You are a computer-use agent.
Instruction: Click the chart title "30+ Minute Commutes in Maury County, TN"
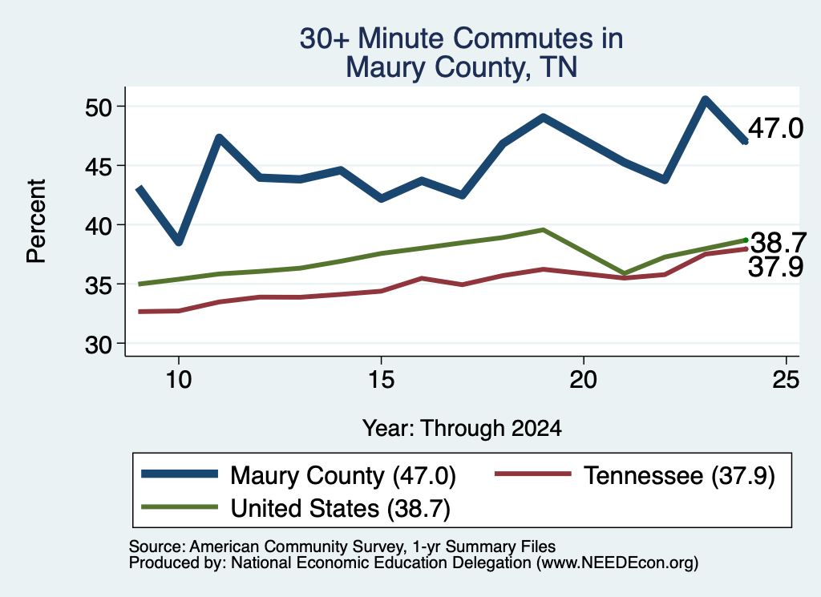coord(461,53)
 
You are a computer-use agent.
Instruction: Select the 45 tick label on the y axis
coord(99,167)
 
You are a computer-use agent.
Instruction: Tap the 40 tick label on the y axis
coord(99,226)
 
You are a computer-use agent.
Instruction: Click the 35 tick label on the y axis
coord(99,285)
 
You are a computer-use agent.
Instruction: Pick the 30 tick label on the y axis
coord(99,345)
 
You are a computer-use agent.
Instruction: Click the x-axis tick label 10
coord(179,379)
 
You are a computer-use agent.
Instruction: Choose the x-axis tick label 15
coord(381,379)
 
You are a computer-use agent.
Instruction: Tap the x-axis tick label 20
coord(584,379)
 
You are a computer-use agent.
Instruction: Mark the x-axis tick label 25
coord(786,379)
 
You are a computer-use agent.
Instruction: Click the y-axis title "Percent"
coord(37,221)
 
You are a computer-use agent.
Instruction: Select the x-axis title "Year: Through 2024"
coord(462,429)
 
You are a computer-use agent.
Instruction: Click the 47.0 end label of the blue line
coord(775,128)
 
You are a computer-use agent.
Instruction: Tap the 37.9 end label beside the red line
coord(775,266)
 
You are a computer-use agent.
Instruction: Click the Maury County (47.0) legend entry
coord(298,475)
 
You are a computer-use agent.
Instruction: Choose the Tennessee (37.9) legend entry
coord(635,475)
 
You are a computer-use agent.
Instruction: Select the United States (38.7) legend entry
coord(296,508)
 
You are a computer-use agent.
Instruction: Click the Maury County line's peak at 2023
coord(706,99)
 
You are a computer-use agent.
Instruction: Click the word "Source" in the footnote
coord(155,547)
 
